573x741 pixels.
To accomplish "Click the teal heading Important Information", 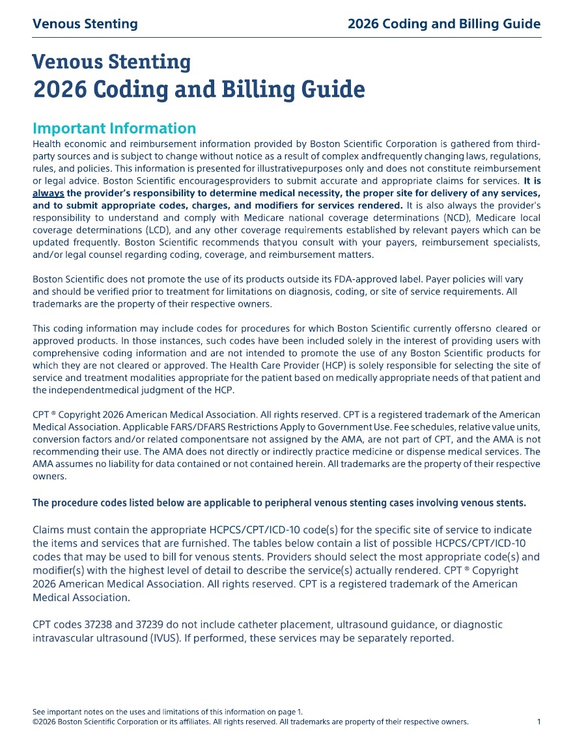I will [x=114, y=128].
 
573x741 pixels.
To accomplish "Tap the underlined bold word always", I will [x=48, y=193].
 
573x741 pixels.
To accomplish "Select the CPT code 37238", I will [x=96, y=624].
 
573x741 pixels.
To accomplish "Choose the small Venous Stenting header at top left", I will [x=85, y=24].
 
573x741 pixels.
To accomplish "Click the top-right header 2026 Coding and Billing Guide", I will [x=444, y=24].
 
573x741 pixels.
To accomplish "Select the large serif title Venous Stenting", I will [x=111, y=62].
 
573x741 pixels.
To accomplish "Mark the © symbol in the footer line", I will [x=36, y=721].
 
